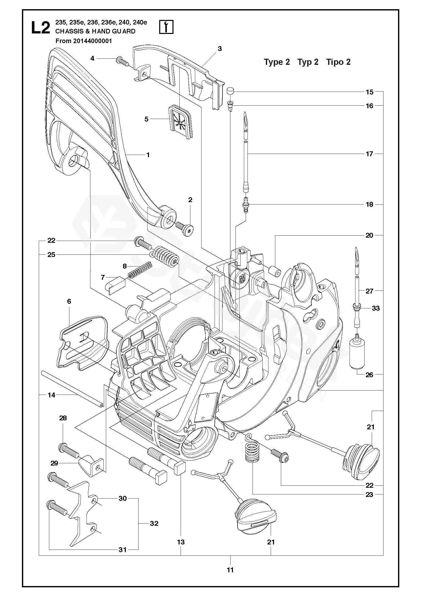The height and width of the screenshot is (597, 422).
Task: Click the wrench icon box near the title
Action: (x=166, y=27)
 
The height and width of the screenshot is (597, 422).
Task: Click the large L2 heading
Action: (x=40, y=28)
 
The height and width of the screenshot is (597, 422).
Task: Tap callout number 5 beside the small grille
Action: (x=146, y=119)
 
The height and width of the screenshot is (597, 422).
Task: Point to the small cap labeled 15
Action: (x=229, y=92)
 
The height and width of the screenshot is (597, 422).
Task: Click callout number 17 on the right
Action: (x=369, y=154)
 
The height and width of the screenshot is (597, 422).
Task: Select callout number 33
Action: (x=376, y=308)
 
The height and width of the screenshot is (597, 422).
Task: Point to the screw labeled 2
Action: (x=185, y=228)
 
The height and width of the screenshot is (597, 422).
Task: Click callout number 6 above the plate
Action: (x=69, y=301)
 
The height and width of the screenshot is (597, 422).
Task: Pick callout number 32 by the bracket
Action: (x=154, y=523)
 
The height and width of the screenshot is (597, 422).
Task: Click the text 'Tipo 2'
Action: (x=338, y=62)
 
